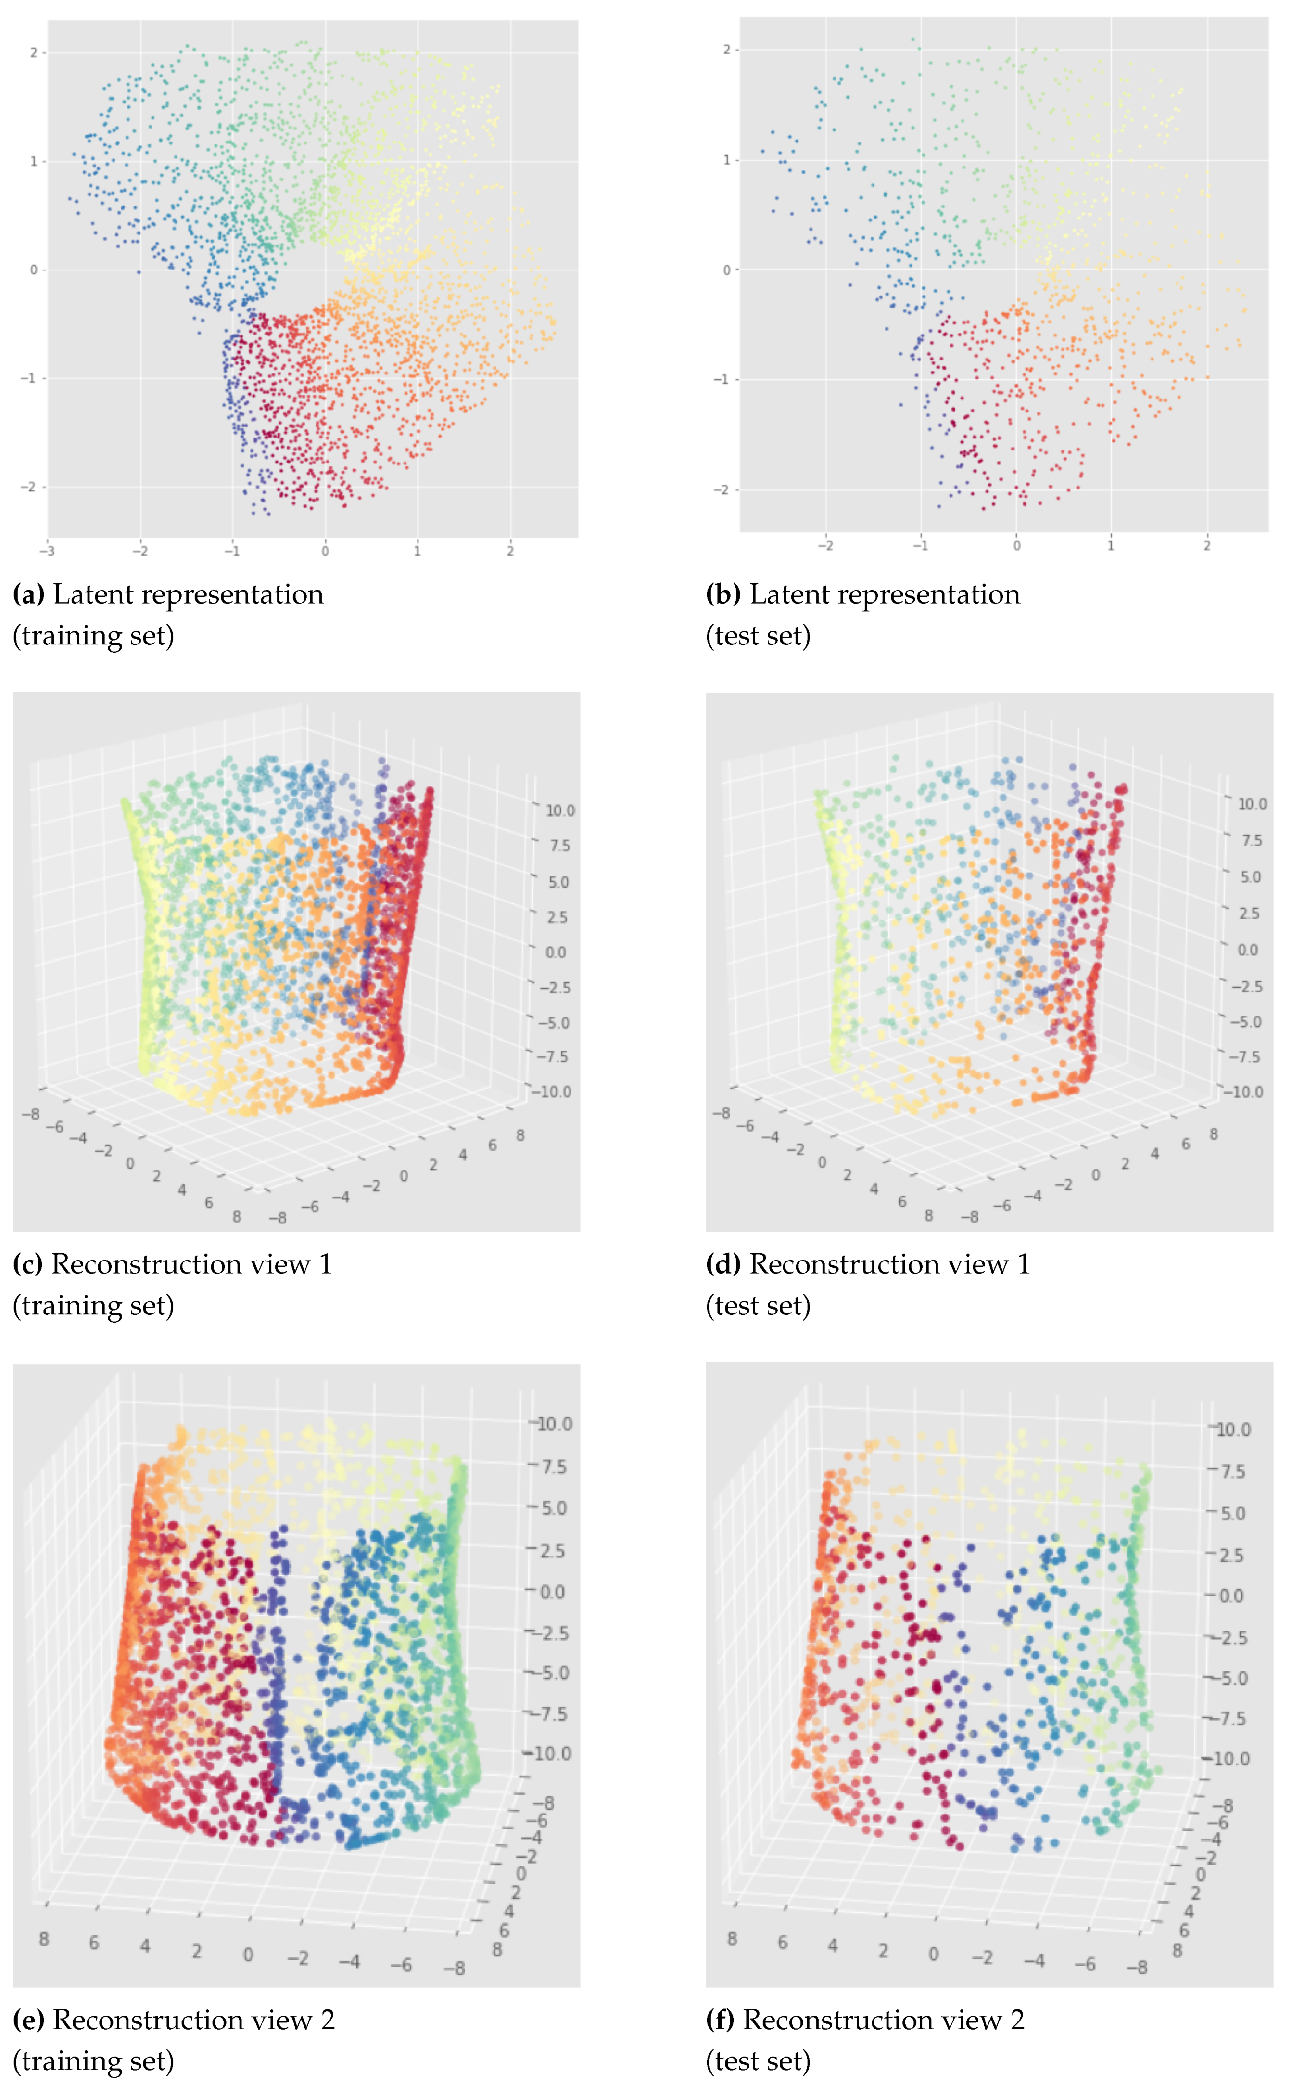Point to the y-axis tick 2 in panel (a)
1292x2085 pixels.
33,53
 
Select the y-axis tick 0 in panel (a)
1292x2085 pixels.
33,270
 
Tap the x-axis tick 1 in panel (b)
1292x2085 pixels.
1111,545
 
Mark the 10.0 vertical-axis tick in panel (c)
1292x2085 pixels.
560,811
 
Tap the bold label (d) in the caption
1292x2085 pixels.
723,1264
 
